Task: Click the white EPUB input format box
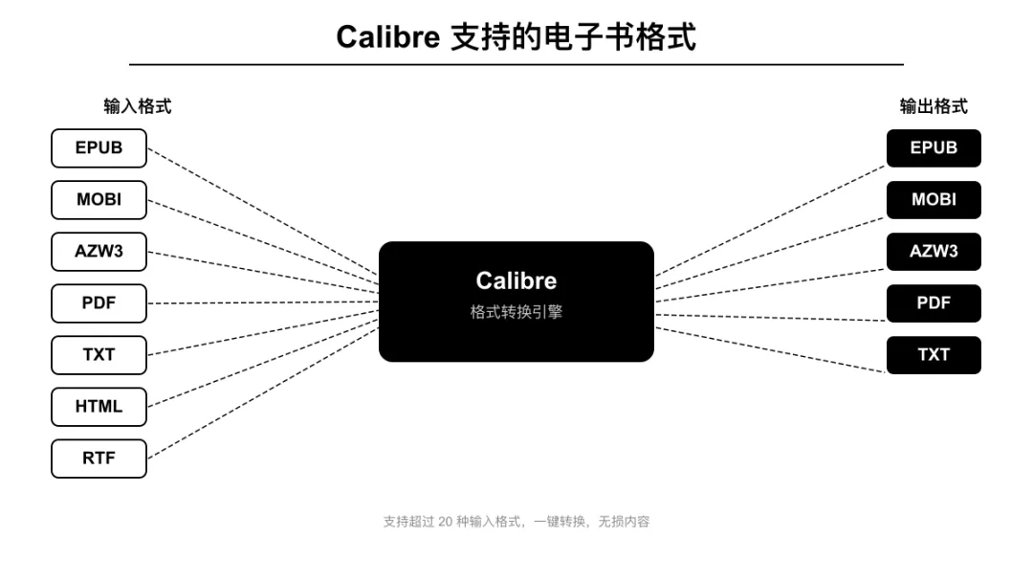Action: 99,148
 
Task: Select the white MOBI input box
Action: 99,200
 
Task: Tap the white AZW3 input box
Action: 99,252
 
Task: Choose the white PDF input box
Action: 99,303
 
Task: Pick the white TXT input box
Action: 99,355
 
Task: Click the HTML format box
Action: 99,407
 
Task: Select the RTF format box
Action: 99,459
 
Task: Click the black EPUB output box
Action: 934,148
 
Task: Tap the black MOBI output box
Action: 934,200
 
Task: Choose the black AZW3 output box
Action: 934,252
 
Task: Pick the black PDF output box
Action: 934,303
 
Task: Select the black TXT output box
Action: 934,355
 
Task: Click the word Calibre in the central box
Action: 516,280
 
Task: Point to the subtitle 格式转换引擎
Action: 516,312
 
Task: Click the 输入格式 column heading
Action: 138,106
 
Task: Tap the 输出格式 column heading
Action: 934,106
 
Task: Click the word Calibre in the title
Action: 387,37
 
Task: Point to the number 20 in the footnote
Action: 446,522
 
